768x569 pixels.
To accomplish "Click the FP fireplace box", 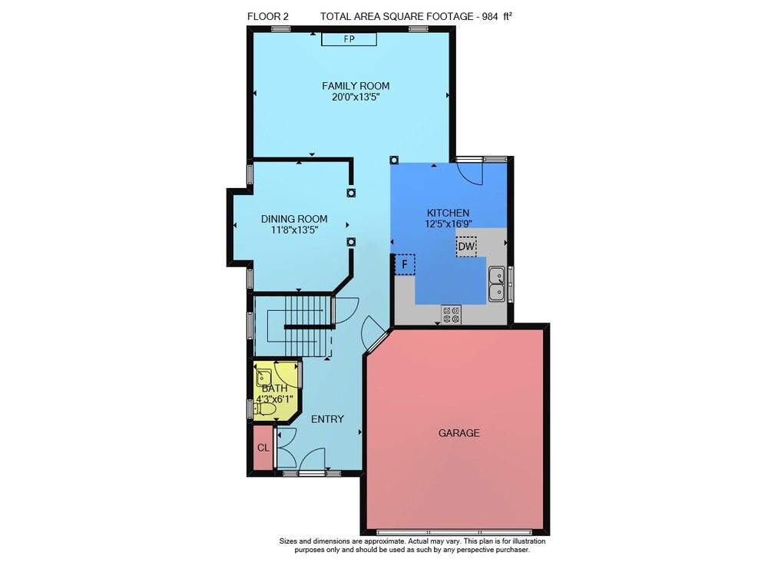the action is [349, 39].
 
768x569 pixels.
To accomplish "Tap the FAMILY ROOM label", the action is [356, 86].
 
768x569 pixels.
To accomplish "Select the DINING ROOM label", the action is [294, 219].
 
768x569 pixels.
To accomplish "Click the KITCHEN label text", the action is [449, 213].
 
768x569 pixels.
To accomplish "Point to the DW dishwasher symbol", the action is [466, 246].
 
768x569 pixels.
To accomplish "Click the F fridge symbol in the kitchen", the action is [405, 264].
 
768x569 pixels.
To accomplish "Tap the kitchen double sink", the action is [497, 284].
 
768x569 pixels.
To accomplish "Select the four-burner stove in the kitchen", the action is [451, 314].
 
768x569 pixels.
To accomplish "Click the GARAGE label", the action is [459, 433].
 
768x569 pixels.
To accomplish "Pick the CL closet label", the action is [263, 448].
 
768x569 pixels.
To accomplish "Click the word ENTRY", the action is [328, 419].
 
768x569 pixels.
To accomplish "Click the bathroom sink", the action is [264, 378].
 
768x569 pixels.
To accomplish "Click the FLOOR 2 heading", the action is [268, 16].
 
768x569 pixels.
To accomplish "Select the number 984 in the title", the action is [490, 16].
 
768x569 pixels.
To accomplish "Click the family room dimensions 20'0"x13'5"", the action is [356, 97].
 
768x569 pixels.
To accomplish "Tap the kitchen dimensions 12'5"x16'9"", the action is [449, 223].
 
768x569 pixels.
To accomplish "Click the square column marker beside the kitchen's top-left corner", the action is [394, 160].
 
